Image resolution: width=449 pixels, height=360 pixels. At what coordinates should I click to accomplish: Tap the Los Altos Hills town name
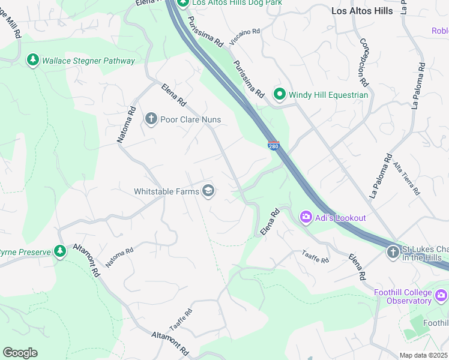click(362, 11)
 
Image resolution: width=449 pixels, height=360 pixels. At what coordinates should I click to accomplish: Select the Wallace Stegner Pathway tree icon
click(32, 61)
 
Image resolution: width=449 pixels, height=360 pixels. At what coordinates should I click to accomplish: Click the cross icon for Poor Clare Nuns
click(151, 119)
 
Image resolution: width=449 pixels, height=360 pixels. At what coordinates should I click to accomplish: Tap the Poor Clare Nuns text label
click(190, 119)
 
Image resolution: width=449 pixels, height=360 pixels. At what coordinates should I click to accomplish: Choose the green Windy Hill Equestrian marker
click(279, 94)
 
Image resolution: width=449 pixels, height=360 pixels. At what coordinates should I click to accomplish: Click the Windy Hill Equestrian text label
click(328, 94)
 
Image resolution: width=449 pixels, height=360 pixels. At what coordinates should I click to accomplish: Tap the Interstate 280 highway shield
click(274, 145)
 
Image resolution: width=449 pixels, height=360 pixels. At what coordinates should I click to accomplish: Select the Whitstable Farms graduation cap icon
click(208, 191)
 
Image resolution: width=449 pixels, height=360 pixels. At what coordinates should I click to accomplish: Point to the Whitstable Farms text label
click(166, 191)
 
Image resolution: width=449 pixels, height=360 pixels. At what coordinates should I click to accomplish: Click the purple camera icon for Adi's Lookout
click(306, 217)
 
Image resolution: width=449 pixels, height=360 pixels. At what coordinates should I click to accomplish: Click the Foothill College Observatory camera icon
click(441, 296)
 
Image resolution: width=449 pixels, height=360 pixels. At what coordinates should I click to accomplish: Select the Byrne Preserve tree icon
click(59, 252)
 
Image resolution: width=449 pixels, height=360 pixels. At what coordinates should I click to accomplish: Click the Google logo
click(20, 353)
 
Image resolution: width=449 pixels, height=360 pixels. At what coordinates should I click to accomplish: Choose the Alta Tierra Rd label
click(406, 178)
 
